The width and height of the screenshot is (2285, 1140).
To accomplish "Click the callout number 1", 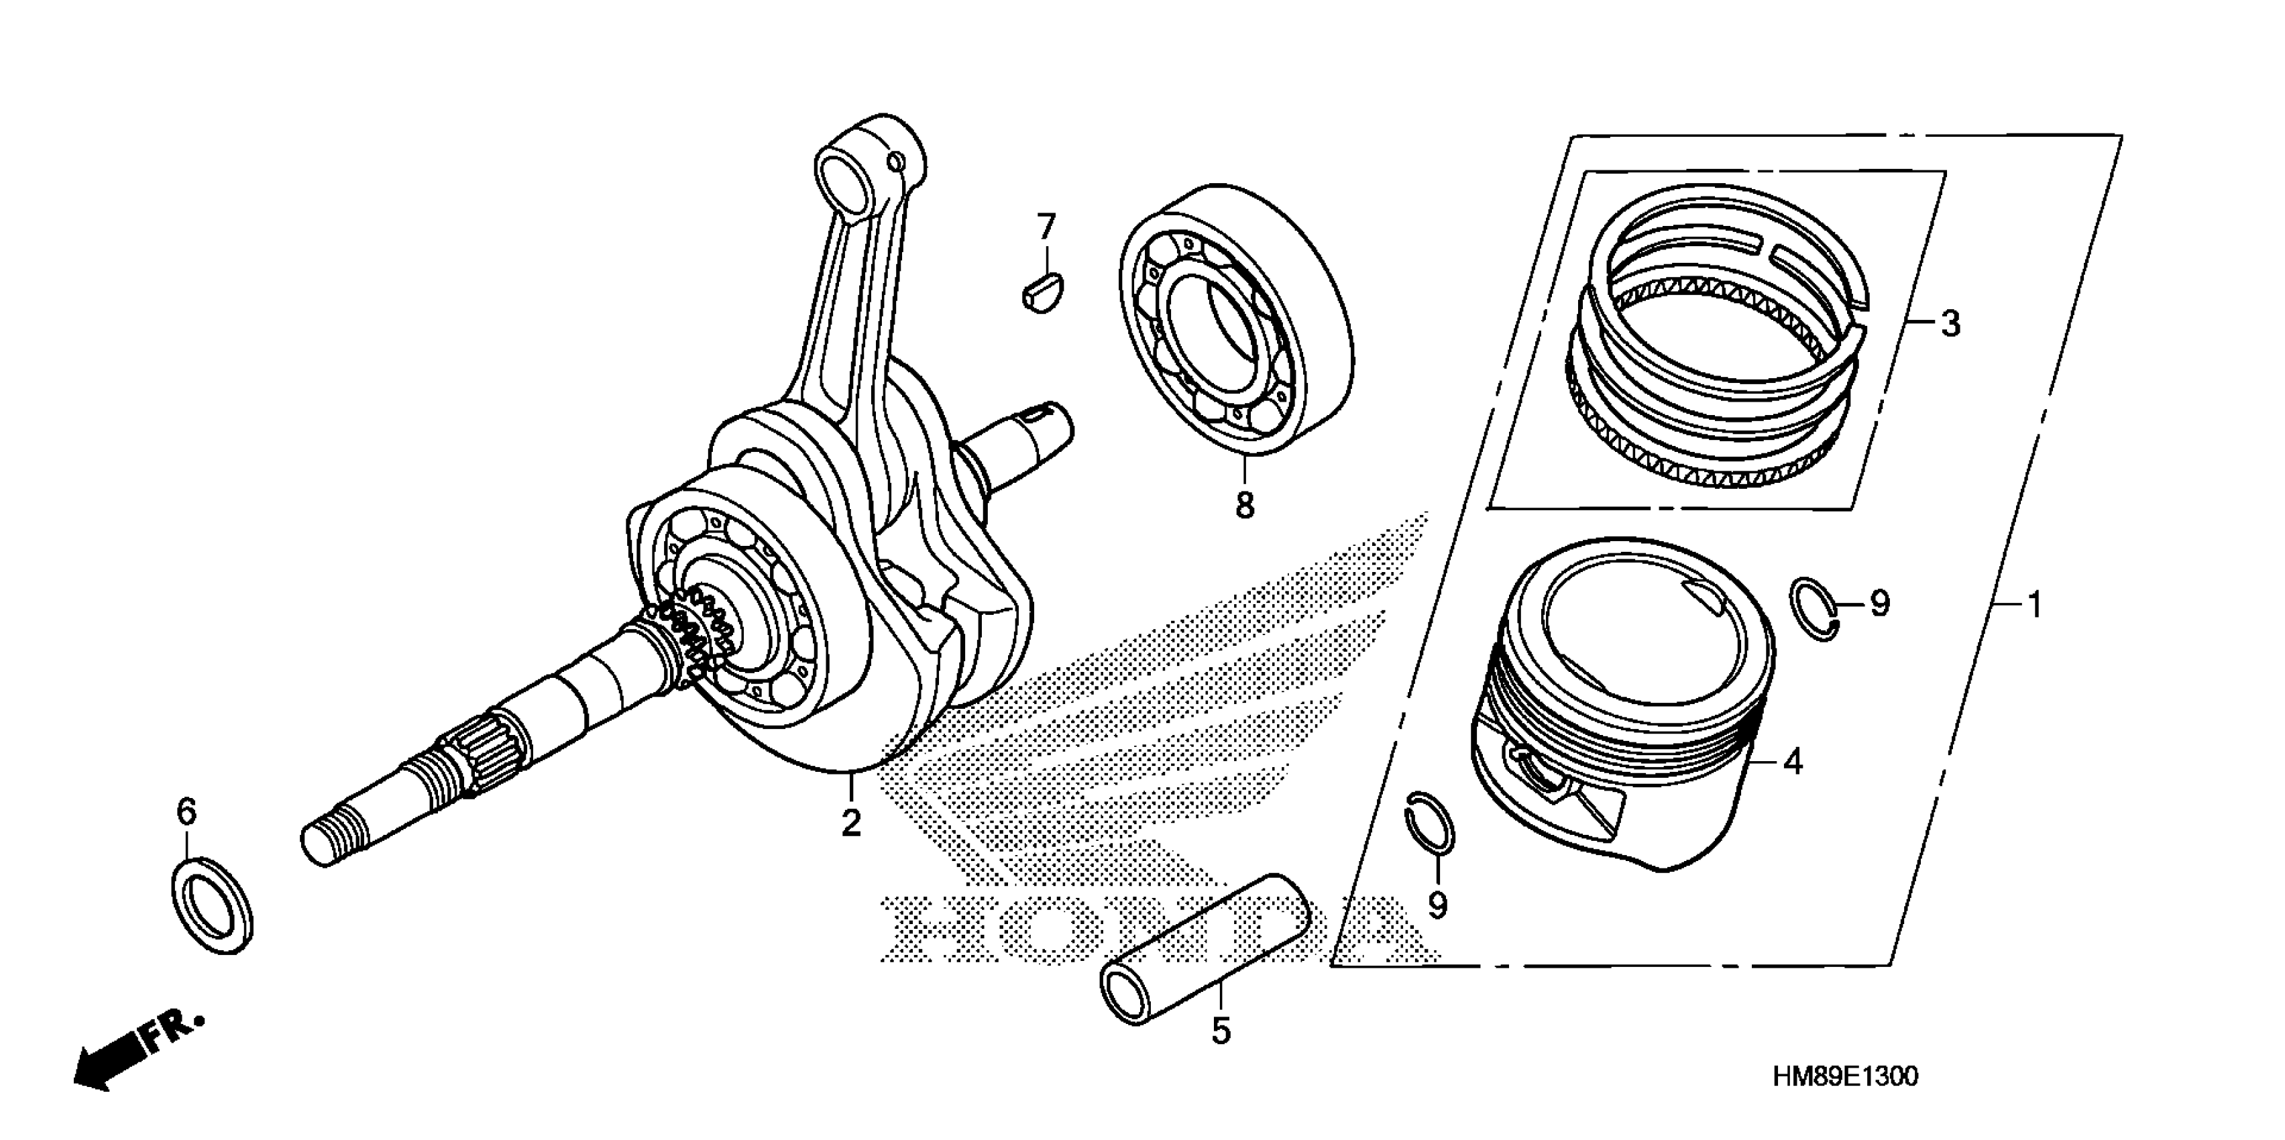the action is (2036, 606).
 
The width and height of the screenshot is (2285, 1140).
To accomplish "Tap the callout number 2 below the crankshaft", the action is (850, 822).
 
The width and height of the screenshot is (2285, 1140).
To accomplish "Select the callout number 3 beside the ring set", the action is (1950, 324).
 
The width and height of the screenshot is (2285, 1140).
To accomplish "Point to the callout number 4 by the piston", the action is (1793, 761).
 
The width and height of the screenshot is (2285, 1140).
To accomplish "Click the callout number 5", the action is (1221, 1031).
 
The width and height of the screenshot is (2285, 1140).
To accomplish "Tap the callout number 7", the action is (1048, 227).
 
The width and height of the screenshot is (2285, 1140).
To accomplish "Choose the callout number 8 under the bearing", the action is (1245, 506).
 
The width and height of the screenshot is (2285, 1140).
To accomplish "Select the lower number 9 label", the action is (1437, 905).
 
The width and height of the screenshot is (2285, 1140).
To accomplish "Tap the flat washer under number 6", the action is (211, 905).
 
